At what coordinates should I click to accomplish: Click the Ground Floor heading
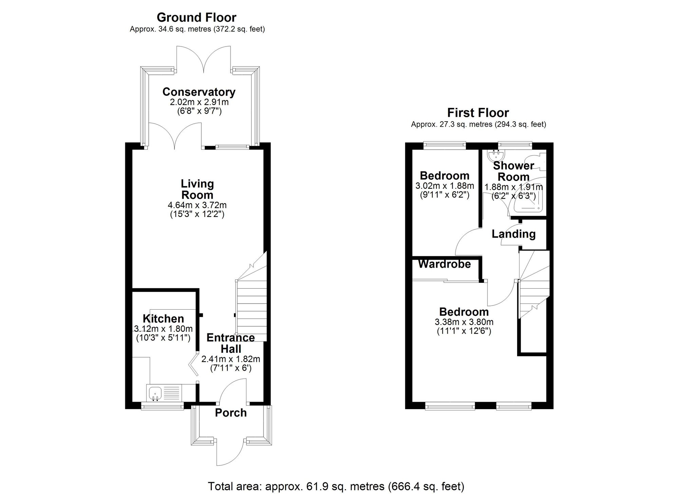tap(196, 17)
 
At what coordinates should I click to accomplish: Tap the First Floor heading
tap(478, 113)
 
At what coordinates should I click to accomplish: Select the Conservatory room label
tap(199, 92)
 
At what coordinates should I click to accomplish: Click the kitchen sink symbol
tap(155, 393)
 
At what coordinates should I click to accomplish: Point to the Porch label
tap(231, 413)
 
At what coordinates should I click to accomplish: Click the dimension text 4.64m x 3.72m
tap(197, 205)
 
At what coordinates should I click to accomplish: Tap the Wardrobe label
tap(444, 264)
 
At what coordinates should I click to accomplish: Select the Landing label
tap(514, 234)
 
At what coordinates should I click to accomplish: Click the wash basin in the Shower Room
tap(496, 155)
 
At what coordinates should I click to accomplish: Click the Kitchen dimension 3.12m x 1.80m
tap(163, 329)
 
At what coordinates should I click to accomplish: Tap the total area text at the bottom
tap(336, 486)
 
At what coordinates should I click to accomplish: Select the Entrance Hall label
tap(231, 343)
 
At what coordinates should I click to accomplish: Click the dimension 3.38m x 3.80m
tap(464, 322)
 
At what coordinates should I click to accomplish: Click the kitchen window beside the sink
tap(162, 405)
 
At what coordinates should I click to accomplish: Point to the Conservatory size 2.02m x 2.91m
tap(199, 102)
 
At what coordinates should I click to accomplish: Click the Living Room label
tap(197, 189)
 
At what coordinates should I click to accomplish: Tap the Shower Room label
tap(513, 171)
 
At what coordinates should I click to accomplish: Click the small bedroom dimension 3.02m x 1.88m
tap(445, 186)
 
